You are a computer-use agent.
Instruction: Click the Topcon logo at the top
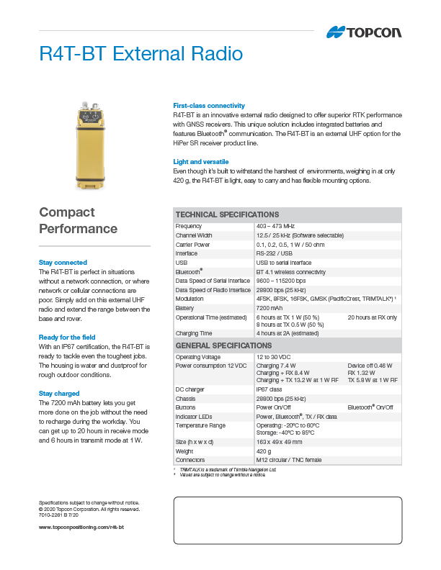[x=364, y=32]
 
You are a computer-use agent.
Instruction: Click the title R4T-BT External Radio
[x=141, y=54]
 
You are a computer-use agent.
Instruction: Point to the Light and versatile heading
[x=201, y=162]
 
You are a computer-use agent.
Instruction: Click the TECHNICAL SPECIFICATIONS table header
[x=228, y=214]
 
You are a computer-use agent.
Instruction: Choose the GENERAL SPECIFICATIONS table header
[x=223, y=346]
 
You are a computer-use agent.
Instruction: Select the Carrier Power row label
[x=192, y=245]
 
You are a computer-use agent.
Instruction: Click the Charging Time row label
[x=194, y=333]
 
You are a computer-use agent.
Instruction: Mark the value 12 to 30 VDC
[x=273, y=357]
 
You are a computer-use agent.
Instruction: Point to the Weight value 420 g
[x=264, y=451]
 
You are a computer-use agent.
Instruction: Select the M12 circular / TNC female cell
[x=288, y=459]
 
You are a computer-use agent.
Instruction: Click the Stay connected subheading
[x=63, y=263]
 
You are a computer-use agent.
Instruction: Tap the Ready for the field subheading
[x=67, y=337]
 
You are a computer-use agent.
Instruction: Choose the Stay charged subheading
[x=58, y=393]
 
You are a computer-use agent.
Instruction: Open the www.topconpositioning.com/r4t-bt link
[x=81, y=528]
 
